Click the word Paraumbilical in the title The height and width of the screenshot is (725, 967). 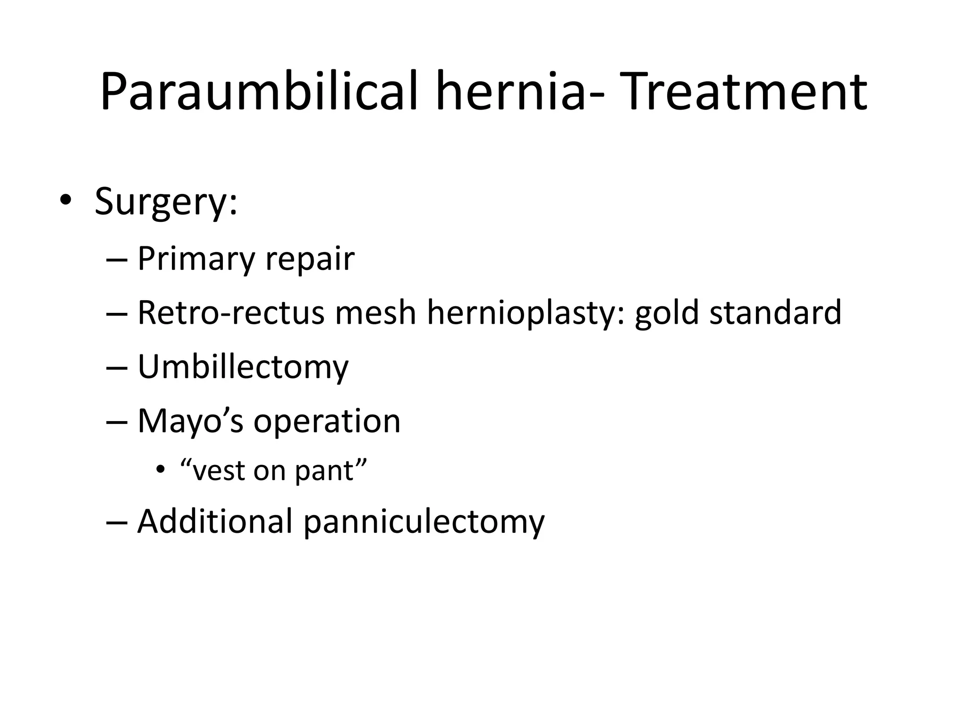(259, 92)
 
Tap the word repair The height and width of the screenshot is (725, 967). (310, 260)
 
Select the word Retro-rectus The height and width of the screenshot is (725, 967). (231, 312)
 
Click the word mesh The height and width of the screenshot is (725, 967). (375, 312)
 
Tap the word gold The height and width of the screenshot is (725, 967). (667, 312)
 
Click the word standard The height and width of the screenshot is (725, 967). (776, 312)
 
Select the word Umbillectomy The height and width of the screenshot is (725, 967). (243, 367)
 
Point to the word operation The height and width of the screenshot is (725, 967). (327, 421)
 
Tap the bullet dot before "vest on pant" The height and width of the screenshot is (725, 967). (161, 470)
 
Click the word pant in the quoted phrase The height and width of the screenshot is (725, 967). (330, 471)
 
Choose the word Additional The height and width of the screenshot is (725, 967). (215, 522)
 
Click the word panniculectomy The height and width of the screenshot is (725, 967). (424, 522)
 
